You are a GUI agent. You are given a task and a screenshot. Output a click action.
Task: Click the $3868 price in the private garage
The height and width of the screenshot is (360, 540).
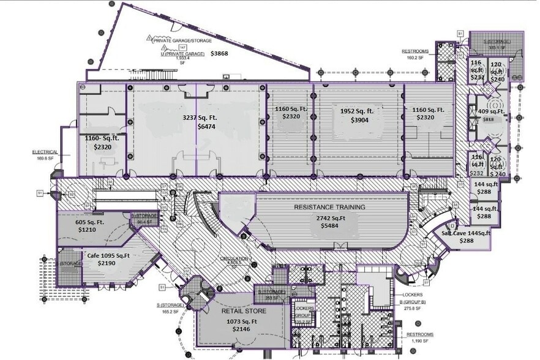pos(219,54)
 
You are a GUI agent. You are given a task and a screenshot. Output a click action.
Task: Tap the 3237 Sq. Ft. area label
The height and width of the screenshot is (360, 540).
pos(200,117)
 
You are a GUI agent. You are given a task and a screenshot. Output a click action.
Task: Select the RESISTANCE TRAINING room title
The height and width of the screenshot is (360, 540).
pos(330,208)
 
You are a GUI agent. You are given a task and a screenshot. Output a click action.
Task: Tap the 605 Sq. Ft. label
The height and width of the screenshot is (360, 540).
pos(88,222)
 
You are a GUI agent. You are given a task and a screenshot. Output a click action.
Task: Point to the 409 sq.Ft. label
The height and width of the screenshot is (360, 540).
pos(490,112)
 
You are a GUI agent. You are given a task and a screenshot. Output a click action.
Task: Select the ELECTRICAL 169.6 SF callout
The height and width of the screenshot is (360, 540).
pos(46,154)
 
